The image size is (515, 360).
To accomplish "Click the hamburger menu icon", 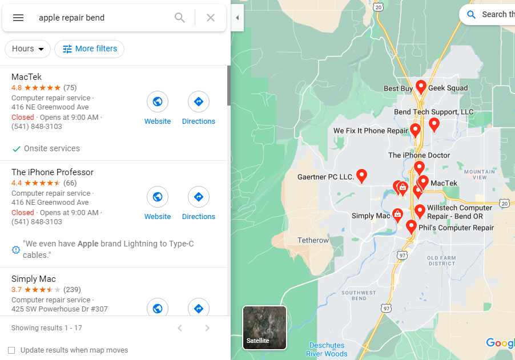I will click(x=18, y=18).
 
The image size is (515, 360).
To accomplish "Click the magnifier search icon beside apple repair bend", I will click(x=180, y=18).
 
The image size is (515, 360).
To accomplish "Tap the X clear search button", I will click(x=211, y=18).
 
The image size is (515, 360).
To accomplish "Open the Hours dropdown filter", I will click(x=27, y=49).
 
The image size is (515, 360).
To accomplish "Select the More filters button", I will click(x=89, y=49).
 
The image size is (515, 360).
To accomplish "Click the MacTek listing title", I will click(x=26, y=77).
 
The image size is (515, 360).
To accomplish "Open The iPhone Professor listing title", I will click(x=53, y=172).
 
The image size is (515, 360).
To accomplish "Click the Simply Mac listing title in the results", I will click(x=34, y=279).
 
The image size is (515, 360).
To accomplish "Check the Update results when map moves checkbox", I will click(x=11, y=350).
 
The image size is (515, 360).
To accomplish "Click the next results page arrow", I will click(x=207, y=328).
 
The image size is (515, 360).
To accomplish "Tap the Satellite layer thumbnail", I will click(x=264, y=327).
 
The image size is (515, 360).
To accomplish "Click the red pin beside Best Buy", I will click(x=421, y=87).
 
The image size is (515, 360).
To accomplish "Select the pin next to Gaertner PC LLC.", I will click(x=361, y=176).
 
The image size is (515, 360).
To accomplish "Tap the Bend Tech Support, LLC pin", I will click(x=434, y=124).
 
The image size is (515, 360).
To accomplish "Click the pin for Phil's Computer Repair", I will click(x=411, y=226).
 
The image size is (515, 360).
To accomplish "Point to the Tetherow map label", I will click(x=313, y=240).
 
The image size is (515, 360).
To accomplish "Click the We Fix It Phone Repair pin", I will click(x=416, y=130).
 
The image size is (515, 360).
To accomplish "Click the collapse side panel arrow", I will click(x=237, y=18).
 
